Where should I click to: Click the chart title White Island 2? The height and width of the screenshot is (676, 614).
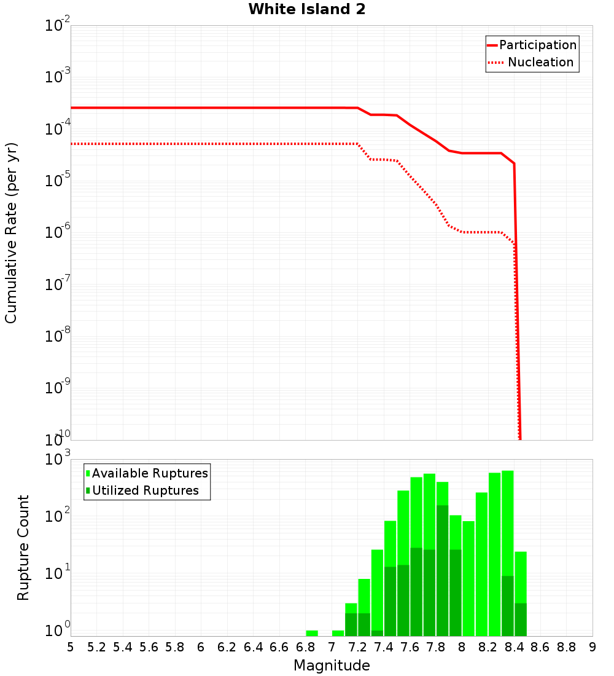tap(307, 10)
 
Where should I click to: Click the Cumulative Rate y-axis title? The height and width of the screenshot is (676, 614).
tap(11, 233)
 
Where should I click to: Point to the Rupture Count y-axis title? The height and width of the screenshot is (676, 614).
tap(23, 548)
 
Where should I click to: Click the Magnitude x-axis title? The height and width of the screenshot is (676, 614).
tap(332, 666)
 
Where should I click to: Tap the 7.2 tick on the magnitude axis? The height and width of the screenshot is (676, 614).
tap(357, 647)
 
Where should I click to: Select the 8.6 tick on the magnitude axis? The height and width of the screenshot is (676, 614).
tap(540, 647)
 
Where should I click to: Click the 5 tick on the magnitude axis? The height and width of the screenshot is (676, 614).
tap(71, 647)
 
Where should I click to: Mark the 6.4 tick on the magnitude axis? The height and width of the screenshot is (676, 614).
tap(253, 647)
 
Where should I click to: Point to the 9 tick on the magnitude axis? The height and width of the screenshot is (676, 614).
tap(593, 647)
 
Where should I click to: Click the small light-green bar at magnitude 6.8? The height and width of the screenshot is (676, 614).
tap(312, 633)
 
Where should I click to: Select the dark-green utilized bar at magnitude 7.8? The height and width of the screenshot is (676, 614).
tap(442, 572)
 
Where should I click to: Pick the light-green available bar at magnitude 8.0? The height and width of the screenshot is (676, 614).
tap(468, 578)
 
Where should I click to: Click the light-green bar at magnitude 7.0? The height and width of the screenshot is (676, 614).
tap(338, 633)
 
